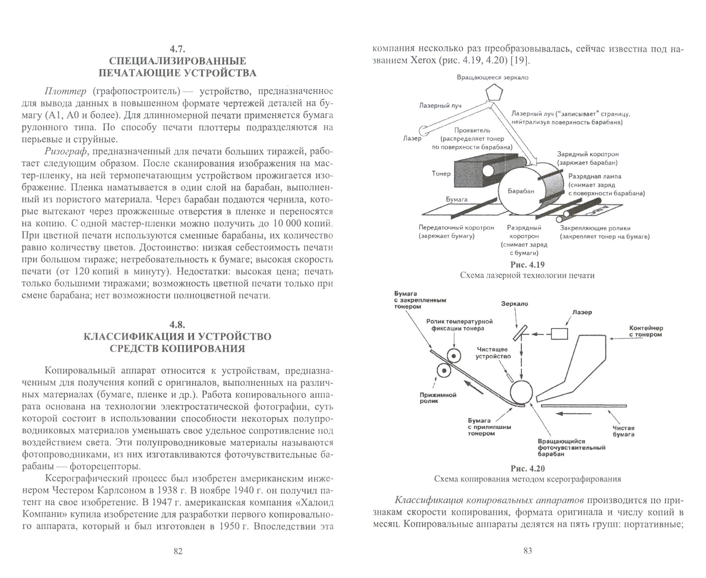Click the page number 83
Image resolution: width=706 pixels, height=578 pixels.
pos(527,551)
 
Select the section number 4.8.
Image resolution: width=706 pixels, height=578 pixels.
pos(177,325)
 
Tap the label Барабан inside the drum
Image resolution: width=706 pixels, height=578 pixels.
pos(521,191)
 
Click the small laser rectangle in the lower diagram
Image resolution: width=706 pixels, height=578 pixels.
pos(559,334)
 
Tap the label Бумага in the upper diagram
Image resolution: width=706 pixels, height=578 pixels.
pos(456,199)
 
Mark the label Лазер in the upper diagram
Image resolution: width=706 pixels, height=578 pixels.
pos(412,138)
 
